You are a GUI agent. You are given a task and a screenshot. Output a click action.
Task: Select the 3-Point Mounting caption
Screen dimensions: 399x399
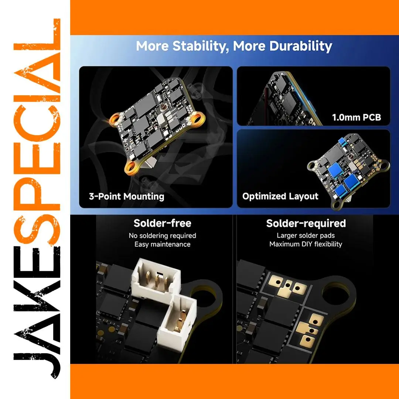click(126, 197)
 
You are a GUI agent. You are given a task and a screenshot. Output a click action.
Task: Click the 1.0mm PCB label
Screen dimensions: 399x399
click(357, 117)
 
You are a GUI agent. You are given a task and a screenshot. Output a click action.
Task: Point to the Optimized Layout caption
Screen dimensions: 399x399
click(280, 197)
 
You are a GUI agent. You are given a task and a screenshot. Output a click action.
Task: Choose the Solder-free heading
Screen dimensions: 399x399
click(162, 223)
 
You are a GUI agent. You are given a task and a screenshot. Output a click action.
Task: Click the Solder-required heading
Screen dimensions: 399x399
click(306, 224)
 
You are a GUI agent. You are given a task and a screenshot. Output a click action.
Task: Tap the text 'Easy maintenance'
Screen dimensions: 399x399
click(162, 244)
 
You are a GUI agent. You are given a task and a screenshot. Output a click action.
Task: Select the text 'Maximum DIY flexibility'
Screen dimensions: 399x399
click(306, 244)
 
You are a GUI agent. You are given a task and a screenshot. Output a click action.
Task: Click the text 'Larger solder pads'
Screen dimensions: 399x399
click(306, 235)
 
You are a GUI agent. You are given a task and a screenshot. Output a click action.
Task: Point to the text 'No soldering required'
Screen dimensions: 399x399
click(162, 236)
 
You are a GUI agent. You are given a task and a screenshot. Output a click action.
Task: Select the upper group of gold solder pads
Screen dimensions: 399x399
click(287, 286)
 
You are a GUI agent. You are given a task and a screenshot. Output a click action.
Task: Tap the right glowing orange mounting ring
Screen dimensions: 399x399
click(197, 118)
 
